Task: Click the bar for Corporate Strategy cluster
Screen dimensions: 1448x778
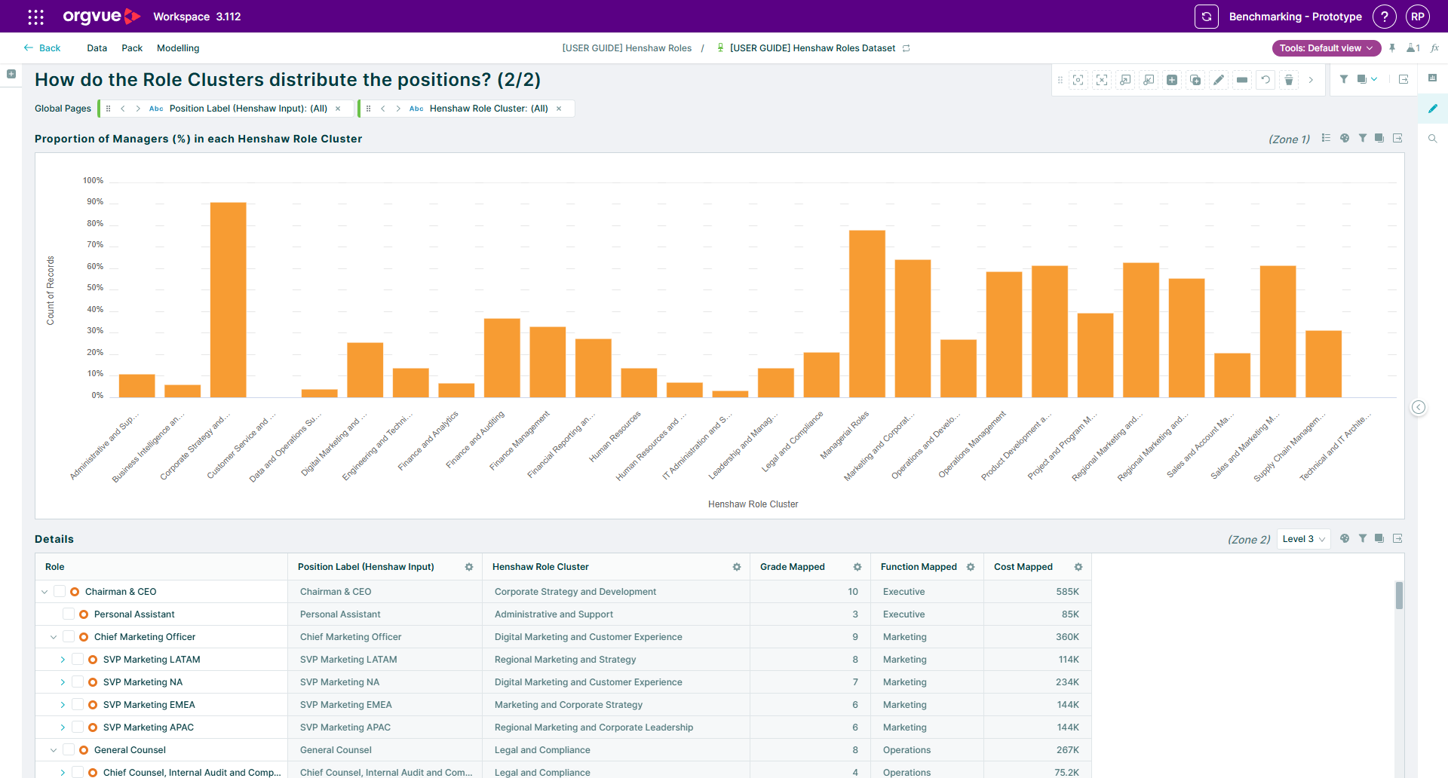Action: [228, 299]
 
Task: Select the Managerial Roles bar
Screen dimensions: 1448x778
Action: [867, 314]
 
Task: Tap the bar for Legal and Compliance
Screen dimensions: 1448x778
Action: [821, 375]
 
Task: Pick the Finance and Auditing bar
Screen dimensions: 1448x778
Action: [502, 357]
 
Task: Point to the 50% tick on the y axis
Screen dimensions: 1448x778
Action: [95, 288]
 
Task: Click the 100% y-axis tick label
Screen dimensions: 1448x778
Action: [93, 181]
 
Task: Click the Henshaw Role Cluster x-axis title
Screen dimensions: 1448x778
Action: [753, 504]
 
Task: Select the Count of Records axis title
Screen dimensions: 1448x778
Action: [51, 291]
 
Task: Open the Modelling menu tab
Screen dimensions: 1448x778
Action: [178, 48]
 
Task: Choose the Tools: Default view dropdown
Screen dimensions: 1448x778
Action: [1327, 48]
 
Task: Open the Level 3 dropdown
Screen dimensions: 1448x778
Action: [1303, 539]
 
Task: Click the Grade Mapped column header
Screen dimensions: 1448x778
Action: [792, 567]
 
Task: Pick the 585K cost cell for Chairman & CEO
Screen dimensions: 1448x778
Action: [1067, 592]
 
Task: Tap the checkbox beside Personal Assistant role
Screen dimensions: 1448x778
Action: [69, 614]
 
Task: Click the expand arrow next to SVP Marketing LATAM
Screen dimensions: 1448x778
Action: [63, 660]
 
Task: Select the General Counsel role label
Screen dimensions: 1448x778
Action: [130, 750]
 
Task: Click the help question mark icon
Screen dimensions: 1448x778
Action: [1384, 17]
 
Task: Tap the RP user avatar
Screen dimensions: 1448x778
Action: [1418, 17]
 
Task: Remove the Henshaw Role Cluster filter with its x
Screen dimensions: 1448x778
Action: [559, 109]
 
